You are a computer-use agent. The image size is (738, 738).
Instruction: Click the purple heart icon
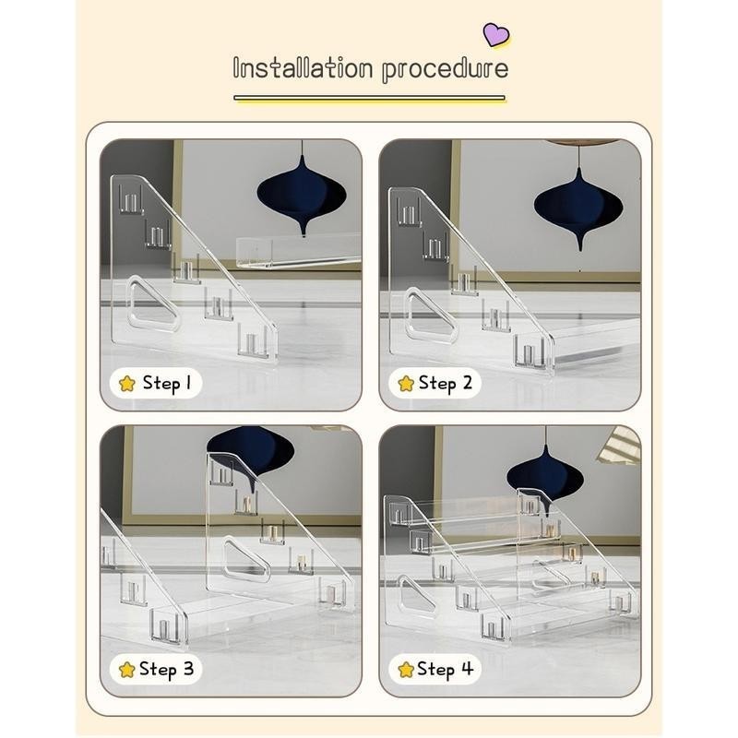click(x=496, y=35)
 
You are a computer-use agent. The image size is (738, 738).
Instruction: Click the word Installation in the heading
click(x=303, y=68)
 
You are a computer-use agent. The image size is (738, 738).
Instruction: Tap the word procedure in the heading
click(x=446, y=70)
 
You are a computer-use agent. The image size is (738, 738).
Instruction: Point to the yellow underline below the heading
click(x=370, y=98)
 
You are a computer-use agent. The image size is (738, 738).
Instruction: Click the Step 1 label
click(x=167, y=383)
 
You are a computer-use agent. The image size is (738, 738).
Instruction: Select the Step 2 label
click(x=446, y=383)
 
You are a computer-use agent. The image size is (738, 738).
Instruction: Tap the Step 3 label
click(x=167, y=669)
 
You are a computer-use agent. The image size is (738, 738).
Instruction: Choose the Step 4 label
click(x=446, y=669)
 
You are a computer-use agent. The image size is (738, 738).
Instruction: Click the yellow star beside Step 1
click(x=127, y=384)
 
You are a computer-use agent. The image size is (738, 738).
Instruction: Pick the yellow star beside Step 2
click(x=406, y=384)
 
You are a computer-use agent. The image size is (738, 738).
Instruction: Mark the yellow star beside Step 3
click(x=127, y=670)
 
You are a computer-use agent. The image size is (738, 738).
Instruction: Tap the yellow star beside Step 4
click(x=406, y=670)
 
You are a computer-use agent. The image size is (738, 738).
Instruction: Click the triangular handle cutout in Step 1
click(x=152, y=304)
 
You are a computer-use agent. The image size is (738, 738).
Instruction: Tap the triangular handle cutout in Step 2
click(x=431, y=315)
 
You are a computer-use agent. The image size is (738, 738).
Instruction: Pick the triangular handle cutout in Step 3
click(x=246, y=559)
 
